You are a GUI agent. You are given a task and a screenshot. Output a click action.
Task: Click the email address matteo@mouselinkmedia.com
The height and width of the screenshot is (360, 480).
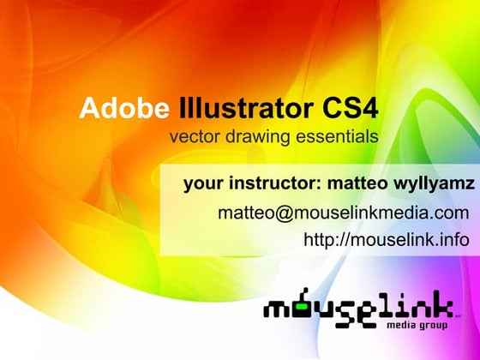tap(343, 213)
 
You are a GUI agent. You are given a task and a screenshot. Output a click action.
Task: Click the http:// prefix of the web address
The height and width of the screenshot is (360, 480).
tap(322, 240)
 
